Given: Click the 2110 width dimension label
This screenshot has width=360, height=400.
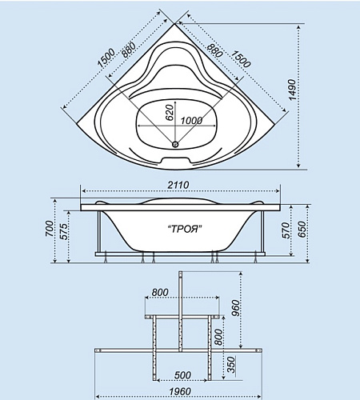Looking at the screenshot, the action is [x=178, y=185].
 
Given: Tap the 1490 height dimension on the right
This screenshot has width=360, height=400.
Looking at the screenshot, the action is [x=293, y=90].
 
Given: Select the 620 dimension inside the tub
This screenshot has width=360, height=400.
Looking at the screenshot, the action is [x=170, y=112].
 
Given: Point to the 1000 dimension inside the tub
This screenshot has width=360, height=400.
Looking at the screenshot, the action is [x=191, y=121].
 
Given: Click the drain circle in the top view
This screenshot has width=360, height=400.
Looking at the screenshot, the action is [x=175, y=144].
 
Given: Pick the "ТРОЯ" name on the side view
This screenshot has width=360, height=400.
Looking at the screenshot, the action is [x=184, y=229].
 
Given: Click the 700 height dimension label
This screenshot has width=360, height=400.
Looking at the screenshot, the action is [x=49, y=228].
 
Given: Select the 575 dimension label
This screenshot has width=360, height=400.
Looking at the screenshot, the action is [x=63, y=231].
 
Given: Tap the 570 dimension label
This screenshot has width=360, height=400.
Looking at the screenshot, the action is [x=285, y=230].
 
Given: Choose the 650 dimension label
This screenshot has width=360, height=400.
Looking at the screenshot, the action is [x=302, y=229].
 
